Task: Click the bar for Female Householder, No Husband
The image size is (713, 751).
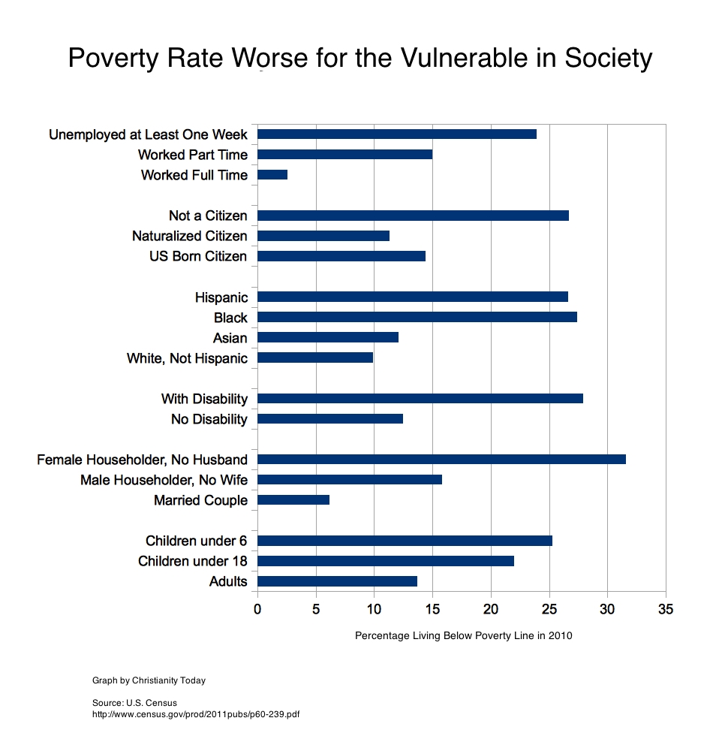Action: coord(441,460)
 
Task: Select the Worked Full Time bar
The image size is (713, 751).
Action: coord(272,175)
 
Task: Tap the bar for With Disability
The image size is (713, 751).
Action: coord(420,399)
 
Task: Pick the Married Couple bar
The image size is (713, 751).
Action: coord(293,500)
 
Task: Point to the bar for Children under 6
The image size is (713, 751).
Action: coord(405,541)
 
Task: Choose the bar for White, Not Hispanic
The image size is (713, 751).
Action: coord(315,358)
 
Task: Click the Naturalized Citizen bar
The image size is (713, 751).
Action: coord(323,236)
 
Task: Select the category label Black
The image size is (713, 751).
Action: coord(230,318)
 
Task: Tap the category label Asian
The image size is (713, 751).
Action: coord(230,338)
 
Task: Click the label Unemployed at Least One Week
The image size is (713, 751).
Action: coord(148,135)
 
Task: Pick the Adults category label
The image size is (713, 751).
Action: coord(228,581)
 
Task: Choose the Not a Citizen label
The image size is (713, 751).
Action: coord(208,216)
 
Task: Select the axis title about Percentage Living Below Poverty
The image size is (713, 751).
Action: coord(463,636)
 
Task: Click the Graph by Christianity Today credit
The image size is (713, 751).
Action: coord(149,680)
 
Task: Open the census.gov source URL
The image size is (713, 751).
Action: coord(195,713)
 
